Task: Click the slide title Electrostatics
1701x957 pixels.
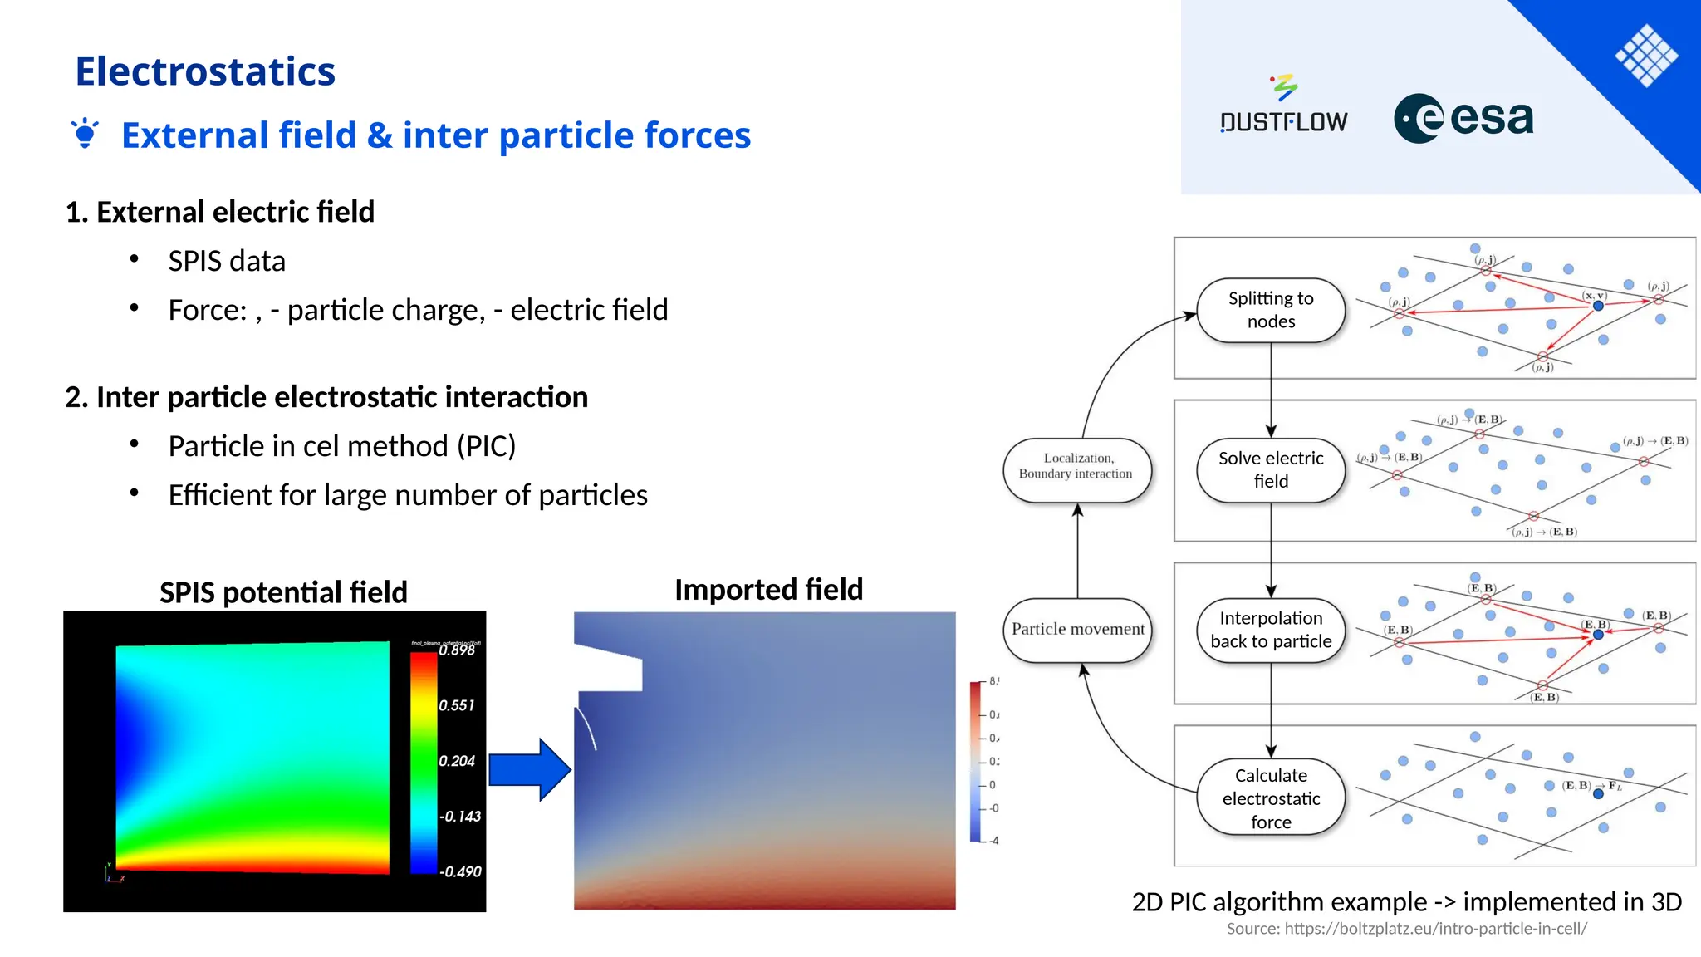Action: [205, 71]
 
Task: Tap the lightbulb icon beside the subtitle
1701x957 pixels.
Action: [85, 134]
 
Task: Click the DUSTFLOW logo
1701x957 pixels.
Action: [1283, 108]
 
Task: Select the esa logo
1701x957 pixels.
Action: [1463, 118]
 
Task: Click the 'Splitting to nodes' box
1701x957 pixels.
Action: [1270, 310]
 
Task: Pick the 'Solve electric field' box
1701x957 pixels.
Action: [1270, 470]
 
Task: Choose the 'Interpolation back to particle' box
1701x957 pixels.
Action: [1270, 630]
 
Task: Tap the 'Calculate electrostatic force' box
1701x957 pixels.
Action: [1270, 797]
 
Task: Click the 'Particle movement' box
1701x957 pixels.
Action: [1077, 630]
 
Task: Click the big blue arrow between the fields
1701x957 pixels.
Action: [529, 769]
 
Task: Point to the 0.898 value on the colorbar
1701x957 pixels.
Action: [457, 650]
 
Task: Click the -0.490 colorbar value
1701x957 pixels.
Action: [460, 871]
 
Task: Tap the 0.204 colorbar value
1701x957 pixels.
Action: [456, 761]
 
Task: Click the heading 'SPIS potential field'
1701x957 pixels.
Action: [283, 592]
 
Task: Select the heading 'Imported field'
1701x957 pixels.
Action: [768, 589]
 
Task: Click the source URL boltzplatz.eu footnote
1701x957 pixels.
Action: [1406, 929]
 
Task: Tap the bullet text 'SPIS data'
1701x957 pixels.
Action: [227, 261]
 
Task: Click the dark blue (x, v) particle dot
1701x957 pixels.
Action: [1597, 306]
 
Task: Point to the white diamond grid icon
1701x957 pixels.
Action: [1646, 56]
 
